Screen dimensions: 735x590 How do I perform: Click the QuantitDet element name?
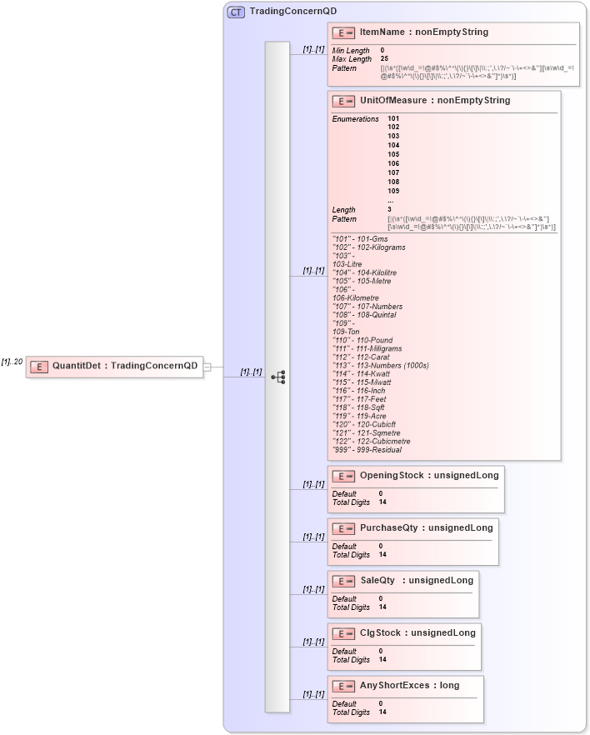(x=77, y=365)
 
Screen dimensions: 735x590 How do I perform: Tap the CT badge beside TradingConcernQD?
(x=236, y=12)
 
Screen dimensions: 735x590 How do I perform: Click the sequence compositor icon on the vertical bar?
(x=277, y=377)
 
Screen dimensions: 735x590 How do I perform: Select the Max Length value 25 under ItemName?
(x=384, y=59)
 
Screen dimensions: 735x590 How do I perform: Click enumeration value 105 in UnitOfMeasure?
(x=393, y=154)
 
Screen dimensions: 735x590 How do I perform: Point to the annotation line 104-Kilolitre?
(x=364, y=272)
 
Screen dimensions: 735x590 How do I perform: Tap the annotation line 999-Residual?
(x=367, y=450)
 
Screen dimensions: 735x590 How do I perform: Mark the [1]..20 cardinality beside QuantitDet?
(x=12, y=362)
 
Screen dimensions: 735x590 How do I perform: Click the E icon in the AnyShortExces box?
(x=342, y=686)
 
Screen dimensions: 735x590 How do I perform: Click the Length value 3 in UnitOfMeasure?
(x=389, y=209)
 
